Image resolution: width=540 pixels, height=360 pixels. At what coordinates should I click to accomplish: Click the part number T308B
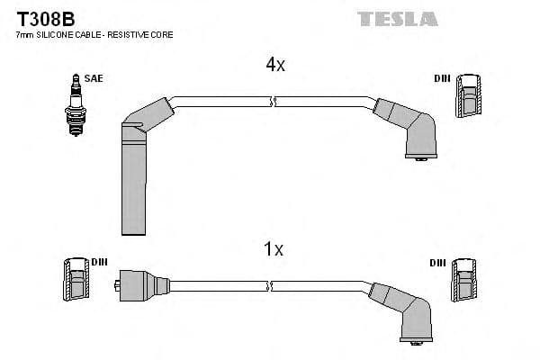[40, 18]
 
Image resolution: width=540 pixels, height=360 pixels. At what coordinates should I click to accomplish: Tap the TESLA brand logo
[397, 19]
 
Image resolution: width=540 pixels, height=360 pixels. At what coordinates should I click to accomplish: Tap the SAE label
[94, 78]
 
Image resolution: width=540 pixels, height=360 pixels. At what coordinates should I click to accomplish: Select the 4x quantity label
[275, 65]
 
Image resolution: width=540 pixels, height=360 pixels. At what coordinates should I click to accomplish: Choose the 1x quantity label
[275, 249]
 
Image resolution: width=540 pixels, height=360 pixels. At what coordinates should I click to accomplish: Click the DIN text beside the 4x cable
[441, 78]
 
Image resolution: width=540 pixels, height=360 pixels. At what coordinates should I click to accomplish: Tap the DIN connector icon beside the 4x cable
[468, 96]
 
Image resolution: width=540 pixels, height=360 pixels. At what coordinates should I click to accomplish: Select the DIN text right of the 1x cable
[437, 262]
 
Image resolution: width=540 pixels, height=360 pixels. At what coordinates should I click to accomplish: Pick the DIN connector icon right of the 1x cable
[463, 281]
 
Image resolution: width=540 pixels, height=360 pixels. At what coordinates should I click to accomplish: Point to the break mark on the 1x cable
[271, 286]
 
